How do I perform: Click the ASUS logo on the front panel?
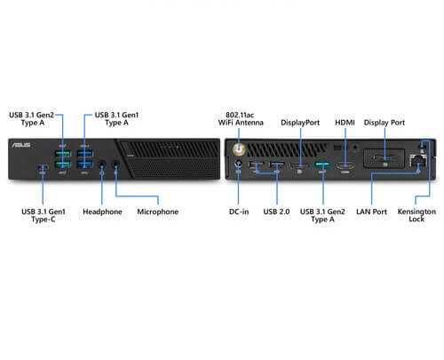(21, 145)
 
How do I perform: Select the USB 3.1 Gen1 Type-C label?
(44, 215)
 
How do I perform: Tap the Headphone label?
(102, 212)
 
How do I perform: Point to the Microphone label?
(158, 212)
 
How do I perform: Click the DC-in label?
(239, 212)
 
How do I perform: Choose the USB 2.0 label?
(276, 212)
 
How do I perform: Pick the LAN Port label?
(371, 212)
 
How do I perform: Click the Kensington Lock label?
(416, 215)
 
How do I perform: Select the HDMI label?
(345, 123)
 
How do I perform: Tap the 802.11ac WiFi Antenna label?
(241, 119)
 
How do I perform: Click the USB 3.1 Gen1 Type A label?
(116, 119)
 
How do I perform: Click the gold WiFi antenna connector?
(239, 150)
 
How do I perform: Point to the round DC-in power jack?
(238, 164)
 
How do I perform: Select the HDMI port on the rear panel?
(345, 166)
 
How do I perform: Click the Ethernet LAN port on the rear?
(417, 161)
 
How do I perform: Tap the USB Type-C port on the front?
(43, 167)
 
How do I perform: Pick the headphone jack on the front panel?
(102, 164)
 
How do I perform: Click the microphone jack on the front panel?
(116, 164)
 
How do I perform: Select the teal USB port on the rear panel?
(322, 164)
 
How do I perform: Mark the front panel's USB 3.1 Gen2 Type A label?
(32, 119)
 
